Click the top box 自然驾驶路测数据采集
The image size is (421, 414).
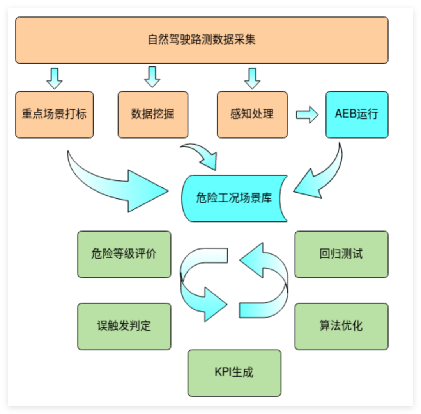202,40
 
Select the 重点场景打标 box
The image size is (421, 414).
54,114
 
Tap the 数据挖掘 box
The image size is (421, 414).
153,114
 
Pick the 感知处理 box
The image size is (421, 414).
252,114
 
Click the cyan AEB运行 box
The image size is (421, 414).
357,114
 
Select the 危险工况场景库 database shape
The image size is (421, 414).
234,198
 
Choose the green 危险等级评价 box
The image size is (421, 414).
124,254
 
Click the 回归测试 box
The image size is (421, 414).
341,254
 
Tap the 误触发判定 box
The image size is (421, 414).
124,326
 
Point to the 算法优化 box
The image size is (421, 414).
341,326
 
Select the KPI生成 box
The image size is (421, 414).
234,373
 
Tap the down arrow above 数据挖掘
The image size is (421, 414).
152,77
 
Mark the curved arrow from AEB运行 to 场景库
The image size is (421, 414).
324,176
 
